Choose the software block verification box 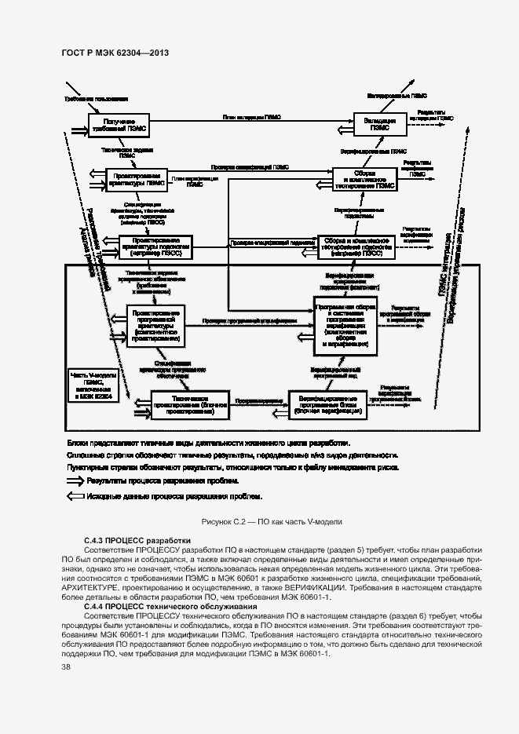point(328,403)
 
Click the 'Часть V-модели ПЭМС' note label point(93,386)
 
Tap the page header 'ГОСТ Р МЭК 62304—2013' point(115,53)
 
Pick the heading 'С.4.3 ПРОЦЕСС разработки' point(137,541)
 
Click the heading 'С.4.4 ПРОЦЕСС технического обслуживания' point(170,607)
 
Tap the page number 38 point(66,666)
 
